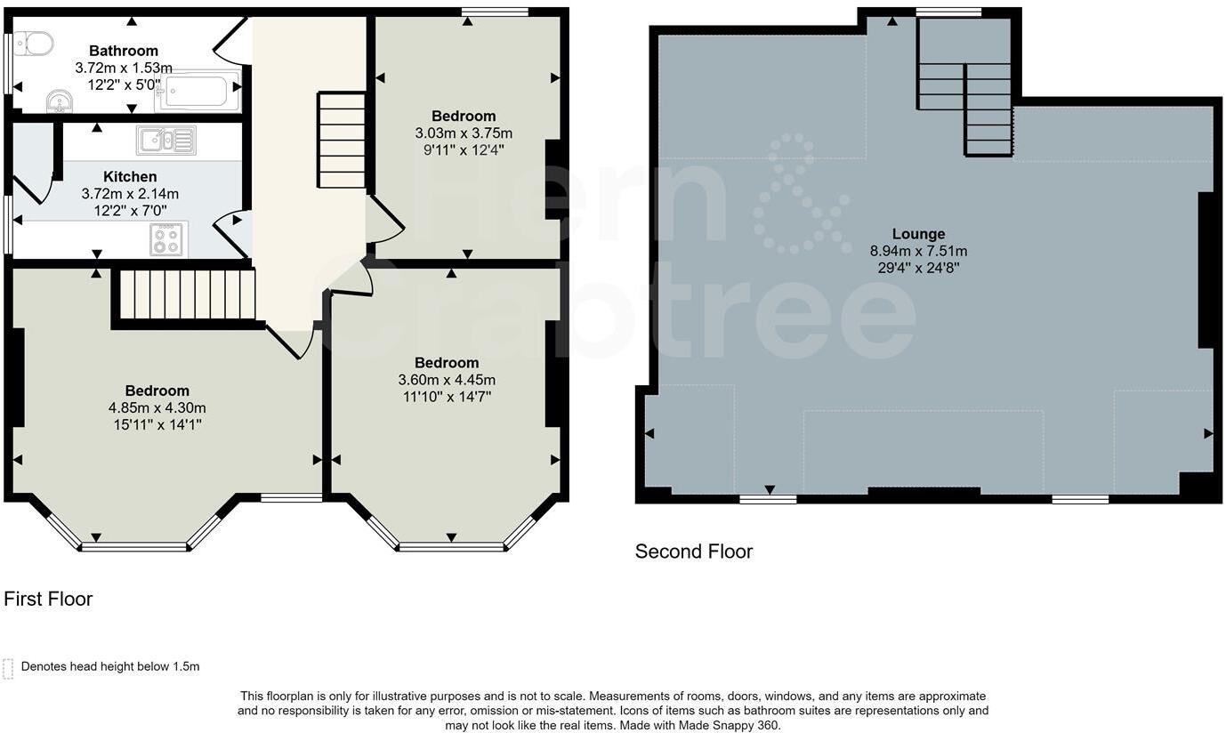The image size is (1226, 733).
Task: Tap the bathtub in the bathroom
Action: [x=196, y=91]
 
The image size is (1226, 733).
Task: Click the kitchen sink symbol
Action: [x=166, y=140]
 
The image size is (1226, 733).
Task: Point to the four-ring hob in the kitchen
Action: [x=166, y=239]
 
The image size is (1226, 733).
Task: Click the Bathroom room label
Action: [x=124, y=51]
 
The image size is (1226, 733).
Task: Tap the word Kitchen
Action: [x=130, y=177]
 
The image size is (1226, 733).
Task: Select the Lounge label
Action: [x=918, y=235]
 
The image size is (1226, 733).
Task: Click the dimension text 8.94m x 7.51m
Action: [x=918, y=251]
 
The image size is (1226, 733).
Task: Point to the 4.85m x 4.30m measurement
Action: [x=157, y=407]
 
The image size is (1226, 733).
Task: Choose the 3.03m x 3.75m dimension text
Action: [x=464, y=133]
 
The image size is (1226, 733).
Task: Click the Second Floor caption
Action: [x=694, y=552]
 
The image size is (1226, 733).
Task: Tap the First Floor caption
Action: [x=48, y=599]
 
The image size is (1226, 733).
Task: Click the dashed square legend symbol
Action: [x=9, y=668]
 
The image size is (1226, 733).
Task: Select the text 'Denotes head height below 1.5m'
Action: [x=110, y=666]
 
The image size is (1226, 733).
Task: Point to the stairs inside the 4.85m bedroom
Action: [x=187, y=294]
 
